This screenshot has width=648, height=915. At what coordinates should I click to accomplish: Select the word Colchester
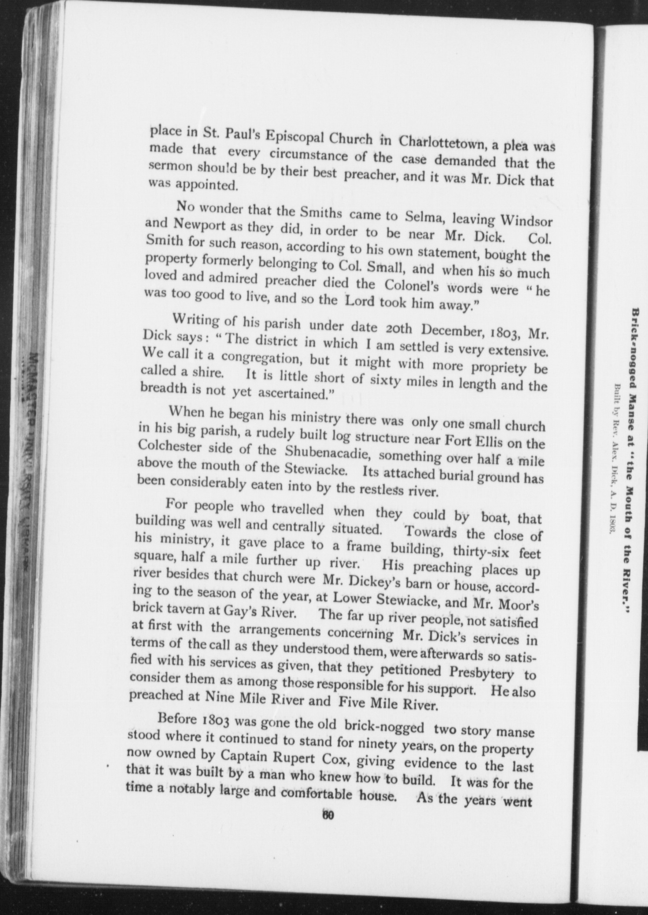point(169,447)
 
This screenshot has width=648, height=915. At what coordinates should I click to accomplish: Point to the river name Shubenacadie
point(328,453)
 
